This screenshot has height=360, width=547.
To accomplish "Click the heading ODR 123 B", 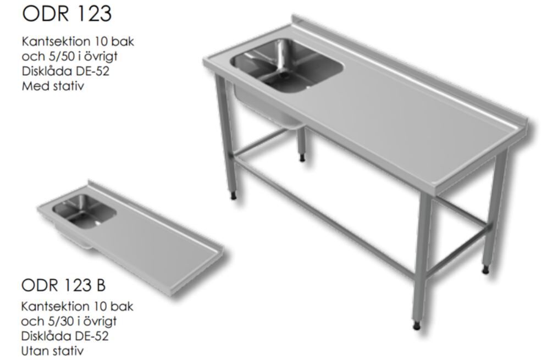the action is [x=63, y=285].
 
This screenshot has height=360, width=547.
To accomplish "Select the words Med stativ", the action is [x=53, y=86].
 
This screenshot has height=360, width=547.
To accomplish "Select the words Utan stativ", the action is [x=52, y=351].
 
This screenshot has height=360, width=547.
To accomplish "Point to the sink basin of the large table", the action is [x=286, y=66].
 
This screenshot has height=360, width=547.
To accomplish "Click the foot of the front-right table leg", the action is [x=417, y=326].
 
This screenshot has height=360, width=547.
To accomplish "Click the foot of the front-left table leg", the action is [x=234, y=196].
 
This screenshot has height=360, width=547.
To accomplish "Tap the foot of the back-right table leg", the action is [x=485, y=270].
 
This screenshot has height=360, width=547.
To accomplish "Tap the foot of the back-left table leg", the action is [x=302, y=158].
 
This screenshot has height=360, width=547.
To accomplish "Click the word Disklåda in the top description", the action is [x=42, y=71].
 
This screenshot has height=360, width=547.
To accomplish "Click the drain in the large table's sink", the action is [x=287, y=75].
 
